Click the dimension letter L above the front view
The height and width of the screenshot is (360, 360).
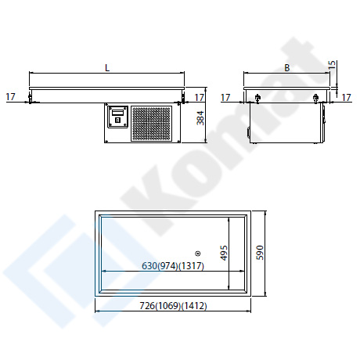(107, 68)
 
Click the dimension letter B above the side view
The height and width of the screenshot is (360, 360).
(287, 68)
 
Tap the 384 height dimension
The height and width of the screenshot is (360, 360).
(200, 118)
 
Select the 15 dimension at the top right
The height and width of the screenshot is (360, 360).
(333, 65)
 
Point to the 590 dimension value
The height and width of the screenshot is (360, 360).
(260, 253)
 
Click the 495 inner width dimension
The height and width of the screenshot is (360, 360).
(224, 253)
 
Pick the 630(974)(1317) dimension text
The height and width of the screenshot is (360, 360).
(173, 266)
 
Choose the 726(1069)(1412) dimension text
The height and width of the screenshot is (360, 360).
(173, 305)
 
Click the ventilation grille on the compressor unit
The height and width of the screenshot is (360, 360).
(151, 124)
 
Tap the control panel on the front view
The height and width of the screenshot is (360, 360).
(118, 117)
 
